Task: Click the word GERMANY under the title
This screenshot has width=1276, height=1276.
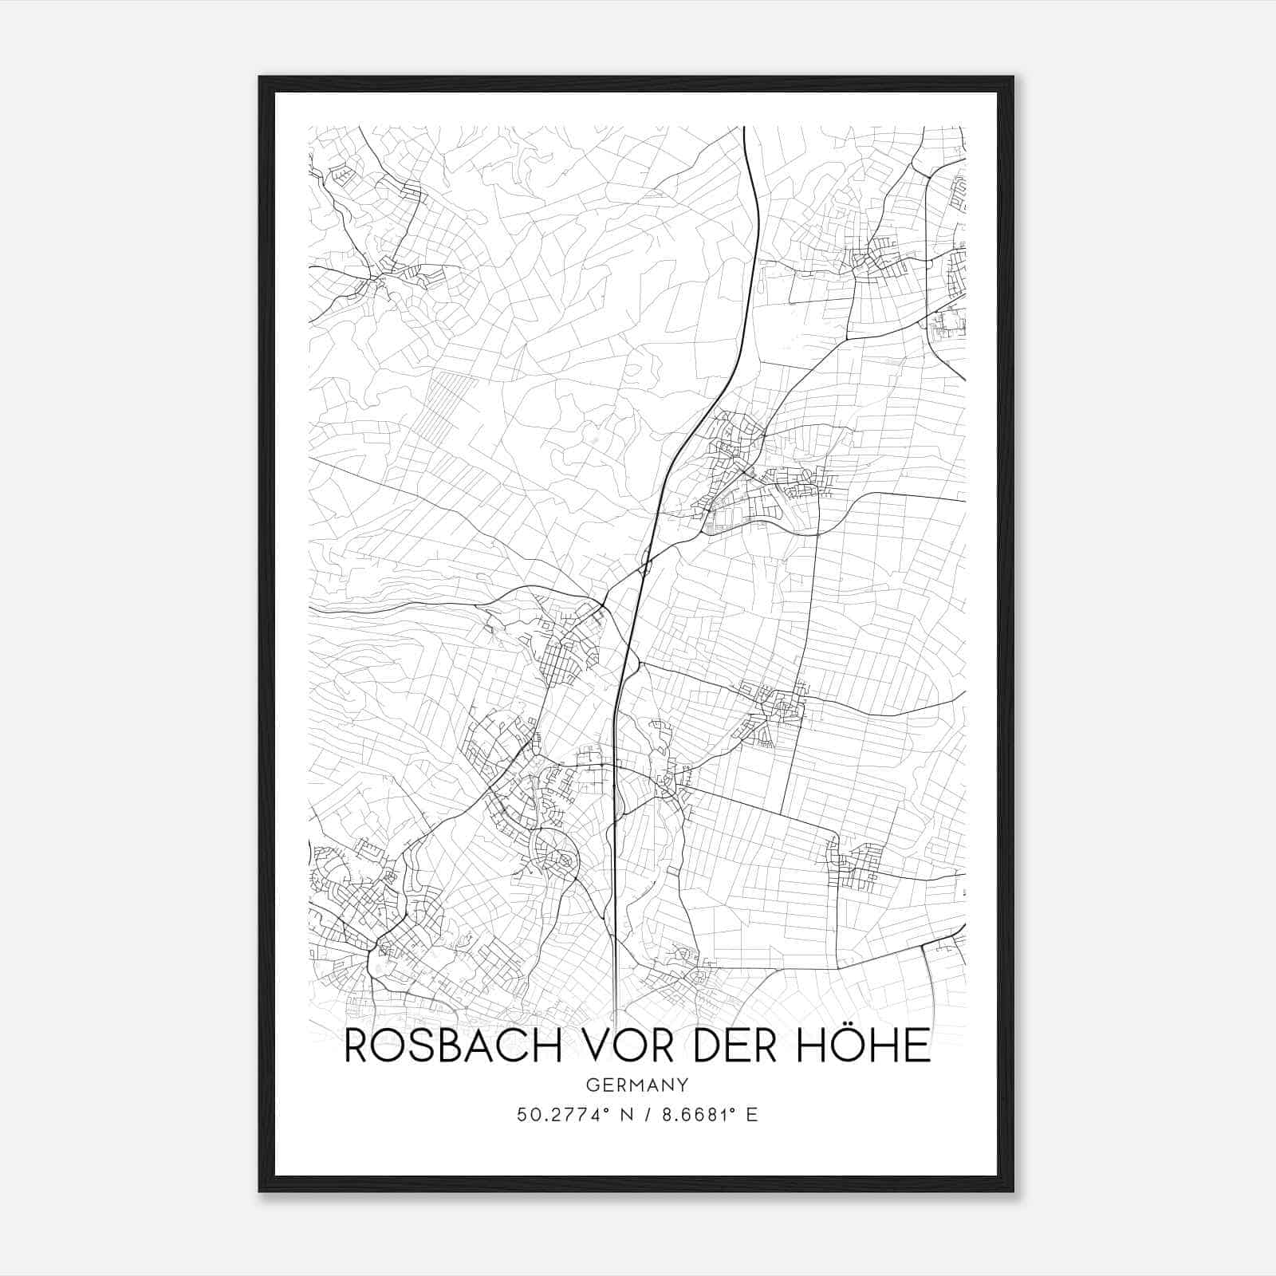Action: pyautogui.click(x=636, y=1085)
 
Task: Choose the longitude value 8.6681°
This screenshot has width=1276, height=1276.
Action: pyautogui.click(x=695, y=1115)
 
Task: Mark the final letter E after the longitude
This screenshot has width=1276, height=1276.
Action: pyautogui.click(x=751, y=1115)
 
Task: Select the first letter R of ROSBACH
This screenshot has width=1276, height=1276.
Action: pyautogui.click(x=356, y=1046)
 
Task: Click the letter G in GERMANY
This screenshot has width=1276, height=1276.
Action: pyautogui.click(x=591, y=1085)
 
